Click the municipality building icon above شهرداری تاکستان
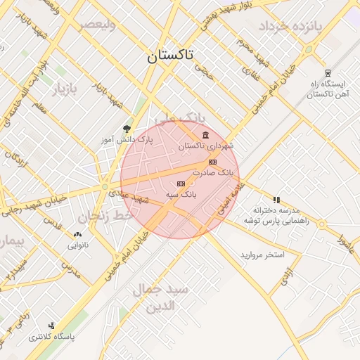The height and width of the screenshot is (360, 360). click(x=205, y=135)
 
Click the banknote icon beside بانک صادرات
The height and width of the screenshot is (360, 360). click(x=212, y=162)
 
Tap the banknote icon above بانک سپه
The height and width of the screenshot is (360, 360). click(x=181, y=184)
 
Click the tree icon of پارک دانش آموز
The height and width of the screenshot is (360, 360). click(x=127, y=129)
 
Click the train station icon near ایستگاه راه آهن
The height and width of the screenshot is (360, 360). click(x=327, y=72)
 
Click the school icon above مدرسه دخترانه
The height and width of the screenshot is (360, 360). click(x=276, y=200)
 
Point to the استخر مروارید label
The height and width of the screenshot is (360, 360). click(x=262, y=254)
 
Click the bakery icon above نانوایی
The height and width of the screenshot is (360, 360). click(x=77, y=234)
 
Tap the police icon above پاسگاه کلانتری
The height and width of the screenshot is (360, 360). click(x=51, y=326)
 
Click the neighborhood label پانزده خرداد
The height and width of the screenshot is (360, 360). click(x=289, y=27)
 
